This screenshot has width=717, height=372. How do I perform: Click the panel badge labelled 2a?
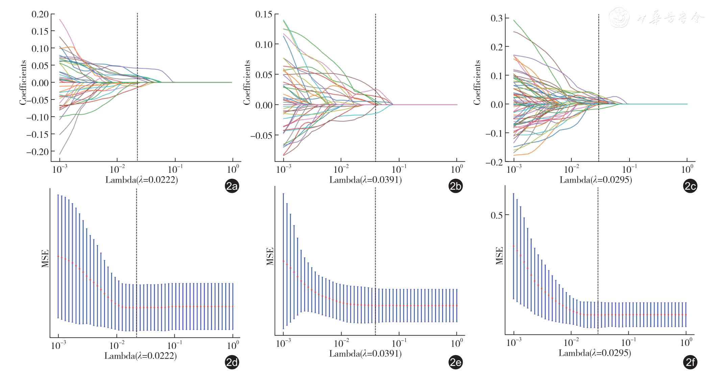point(232,186)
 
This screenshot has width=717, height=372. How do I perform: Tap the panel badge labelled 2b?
point(455,186)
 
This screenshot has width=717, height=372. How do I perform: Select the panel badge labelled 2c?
point(690,186)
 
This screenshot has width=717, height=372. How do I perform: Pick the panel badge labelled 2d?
point(232,362)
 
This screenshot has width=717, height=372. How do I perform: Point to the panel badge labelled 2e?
point(455,362)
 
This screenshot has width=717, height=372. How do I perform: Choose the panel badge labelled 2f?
point(690,362)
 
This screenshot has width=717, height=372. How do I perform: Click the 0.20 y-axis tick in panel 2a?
point(40,14)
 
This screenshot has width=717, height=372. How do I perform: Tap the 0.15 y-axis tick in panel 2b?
point(264,14)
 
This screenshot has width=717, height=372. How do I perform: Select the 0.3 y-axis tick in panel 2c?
point(497,18)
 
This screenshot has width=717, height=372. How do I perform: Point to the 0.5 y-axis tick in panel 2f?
point(497,215)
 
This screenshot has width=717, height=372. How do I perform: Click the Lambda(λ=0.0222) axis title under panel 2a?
point(142,180)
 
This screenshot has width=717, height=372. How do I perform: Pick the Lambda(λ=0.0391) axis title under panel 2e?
point(365,354)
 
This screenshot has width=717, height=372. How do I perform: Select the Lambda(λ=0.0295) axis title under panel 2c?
point(596,180)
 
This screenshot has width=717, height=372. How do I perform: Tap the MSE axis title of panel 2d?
point(45,258)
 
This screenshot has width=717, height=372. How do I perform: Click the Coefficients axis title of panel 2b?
point(247,83)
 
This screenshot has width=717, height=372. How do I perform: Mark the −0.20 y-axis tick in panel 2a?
point(38,152)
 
